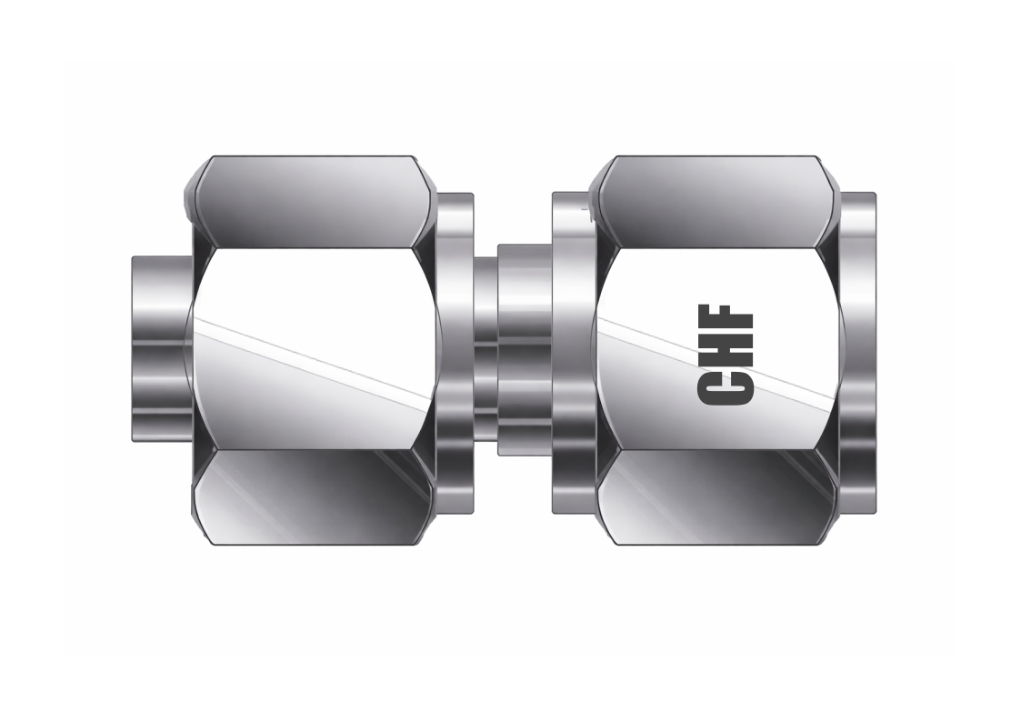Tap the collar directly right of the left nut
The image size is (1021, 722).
pos(455,350)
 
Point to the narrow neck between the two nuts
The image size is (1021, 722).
pos(485,350)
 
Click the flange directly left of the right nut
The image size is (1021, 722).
pos(573,350)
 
